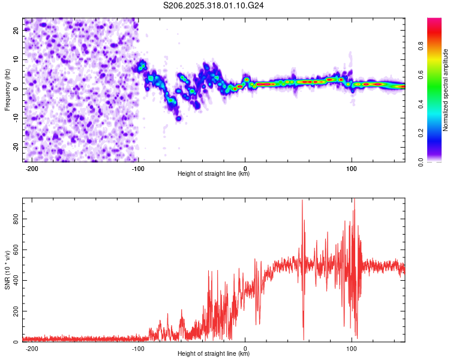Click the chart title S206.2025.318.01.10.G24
pyautogui.click(x=214, y=5)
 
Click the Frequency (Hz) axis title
pyautogui.click(x=7, y=90)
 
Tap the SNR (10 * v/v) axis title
pyautogui.click(x=7, y=269)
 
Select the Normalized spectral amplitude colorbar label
pyautogui.click(x=446, y=90)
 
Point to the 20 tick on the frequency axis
pyautogui.click(x=17, y=29)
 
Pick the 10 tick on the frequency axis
pyautogui.click(x=17, y=59)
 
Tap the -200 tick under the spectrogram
pyautogui.click(x=32, y=168)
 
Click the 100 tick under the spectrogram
pyautogui.click(x=352, y=168)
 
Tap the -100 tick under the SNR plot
pyautogui.click(x=139, y=349)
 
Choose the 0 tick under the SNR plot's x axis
pyautogui.click(x=245, y=349)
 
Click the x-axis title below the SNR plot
pyautogui.click(x=214, y=355)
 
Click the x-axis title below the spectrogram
pyautogui.click(x=214, y=174)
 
